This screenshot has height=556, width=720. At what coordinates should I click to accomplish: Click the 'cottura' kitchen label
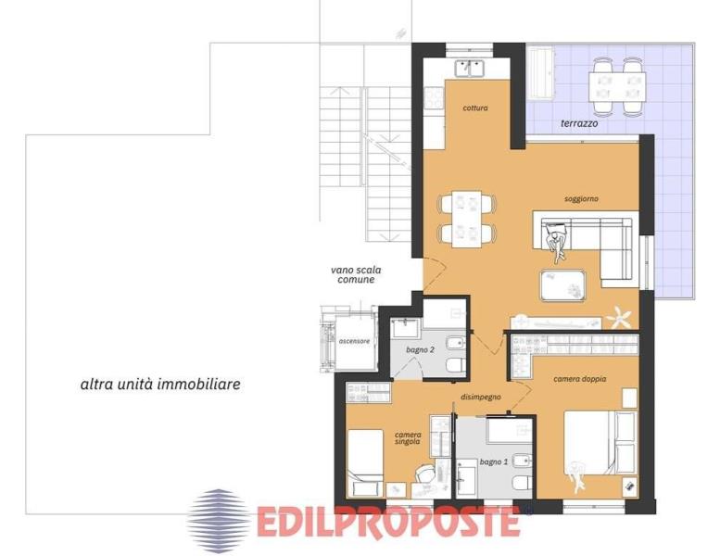[x=475, y=108]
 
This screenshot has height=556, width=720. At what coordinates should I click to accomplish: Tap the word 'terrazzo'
[x=579, y=123]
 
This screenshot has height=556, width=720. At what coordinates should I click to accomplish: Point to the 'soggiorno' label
[x=581, y=199]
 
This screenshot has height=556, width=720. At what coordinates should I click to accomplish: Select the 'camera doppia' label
[x=579, y=379]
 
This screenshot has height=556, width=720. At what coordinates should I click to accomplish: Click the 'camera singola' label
[x=408, y=438]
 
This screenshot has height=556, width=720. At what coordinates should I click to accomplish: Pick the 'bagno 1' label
[x=494, y=461]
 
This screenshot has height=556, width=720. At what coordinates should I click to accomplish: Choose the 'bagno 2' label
[x=420, y=350]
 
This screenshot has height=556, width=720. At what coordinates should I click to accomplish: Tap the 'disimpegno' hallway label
[x=481, y=398]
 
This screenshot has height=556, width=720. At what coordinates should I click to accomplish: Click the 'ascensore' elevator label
[x=354, y=341]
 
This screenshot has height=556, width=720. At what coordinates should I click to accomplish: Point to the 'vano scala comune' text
[x=356, y=274]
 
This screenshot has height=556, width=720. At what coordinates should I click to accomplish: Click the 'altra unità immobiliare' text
[x=160, y=384]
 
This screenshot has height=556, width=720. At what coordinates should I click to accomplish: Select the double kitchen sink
[x=470, y=69]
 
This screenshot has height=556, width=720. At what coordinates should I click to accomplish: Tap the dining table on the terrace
[x=617, y=87]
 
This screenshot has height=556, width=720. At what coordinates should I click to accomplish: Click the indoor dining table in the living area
[x=466, y=219]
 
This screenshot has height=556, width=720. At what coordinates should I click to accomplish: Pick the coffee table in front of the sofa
[x=563, y=285]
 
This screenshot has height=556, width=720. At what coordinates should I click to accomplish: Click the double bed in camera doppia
[x=600, y=443]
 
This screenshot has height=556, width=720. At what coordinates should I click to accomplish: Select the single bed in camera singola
[x=365, y=463]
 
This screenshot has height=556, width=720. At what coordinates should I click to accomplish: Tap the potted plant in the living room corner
[x=618, y=317]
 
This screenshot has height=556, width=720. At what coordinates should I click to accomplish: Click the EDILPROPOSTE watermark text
[x=388, y=522]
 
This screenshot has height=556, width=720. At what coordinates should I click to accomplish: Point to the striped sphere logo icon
[x=219, y=515]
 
